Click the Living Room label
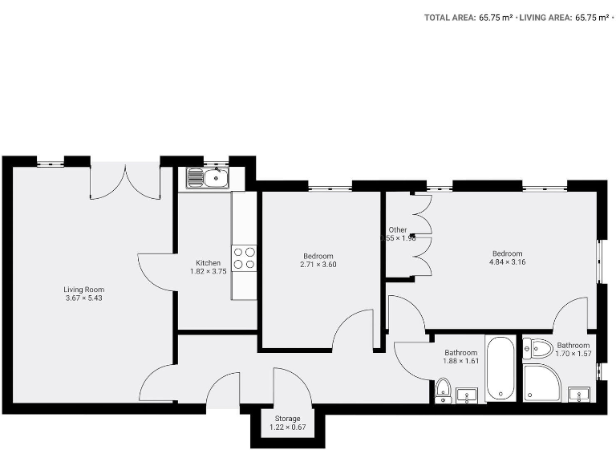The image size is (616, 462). (84, 290)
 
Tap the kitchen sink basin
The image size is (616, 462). (213, 177)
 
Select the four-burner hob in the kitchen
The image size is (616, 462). (244, 257)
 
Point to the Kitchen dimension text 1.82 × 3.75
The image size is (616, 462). (208, 271)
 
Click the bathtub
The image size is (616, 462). (502, 370)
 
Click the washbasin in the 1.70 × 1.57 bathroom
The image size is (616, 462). (579, 393)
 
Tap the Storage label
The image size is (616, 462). (287, 419)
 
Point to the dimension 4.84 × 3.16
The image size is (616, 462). (507, 262)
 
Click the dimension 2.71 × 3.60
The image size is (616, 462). (318, 265)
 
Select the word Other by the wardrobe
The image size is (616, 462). (398, 229)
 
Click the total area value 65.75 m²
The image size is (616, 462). (496, 16)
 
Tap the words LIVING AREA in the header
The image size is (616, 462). (545, 16)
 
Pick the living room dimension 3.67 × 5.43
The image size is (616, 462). (84, 298)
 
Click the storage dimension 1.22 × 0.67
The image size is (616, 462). (287, 428)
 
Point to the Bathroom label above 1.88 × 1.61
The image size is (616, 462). (461, 353)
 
